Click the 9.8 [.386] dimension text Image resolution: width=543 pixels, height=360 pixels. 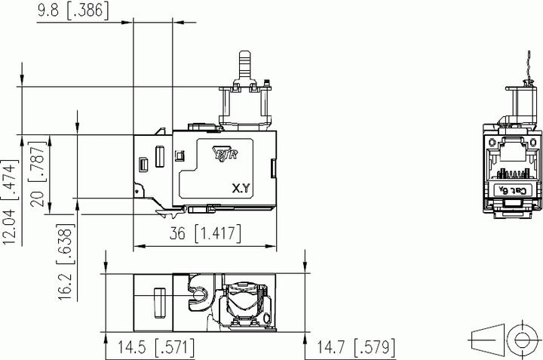[x=72, y=11]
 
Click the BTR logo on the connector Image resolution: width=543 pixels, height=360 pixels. [x=227, y=153]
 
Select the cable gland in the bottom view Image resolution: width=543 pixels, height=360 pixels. [x=246, y=300]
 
